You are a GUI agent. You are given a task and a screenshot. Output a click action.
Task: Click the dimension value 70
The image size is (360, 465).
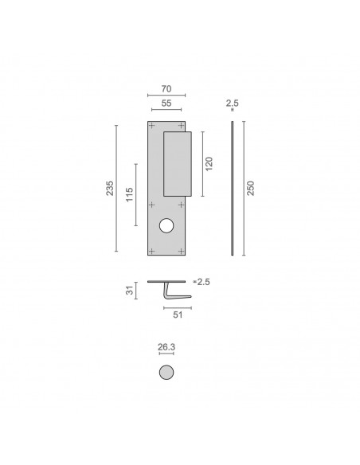(x=166, y=88)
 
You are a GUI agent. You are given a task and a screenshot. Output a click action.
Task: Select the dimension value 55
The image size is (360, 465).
(x=166, y=103)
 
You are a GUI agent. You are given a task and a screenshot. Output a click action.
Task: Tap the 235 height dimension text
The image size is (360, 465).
(x=110, y=188)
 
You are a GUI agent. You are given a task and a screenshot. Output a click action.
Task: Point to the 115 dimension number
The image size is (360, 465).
(x=129, y=194)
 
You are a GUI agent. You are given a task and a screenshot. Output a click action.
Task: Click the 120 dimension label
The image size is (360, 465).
(x=209, y=164)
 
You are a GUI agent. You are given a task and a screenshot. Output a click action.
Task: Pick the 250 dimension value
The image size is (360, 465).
(x=251, y=188)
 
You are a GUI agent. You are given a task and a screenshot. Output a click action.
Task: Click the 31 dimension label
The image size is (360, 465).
(x=130, y=291)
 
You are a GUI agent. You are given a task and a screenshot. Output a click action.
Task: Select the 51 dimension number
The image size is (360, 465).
(x=178, y=315)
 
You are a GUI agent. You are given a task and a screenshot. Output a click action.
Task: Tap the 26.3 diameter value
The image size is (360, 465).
(x=166, y=346)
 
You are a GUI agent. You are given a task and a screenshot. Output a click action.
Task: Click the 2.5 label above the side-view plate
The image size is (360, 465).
(x=233, y=103)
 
